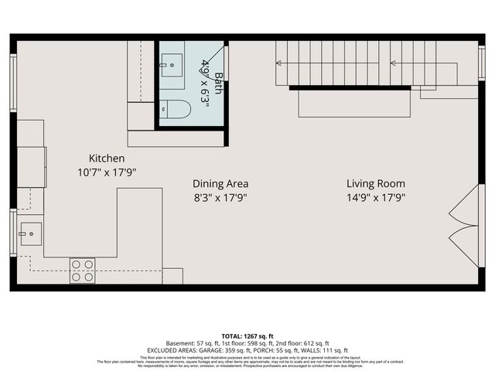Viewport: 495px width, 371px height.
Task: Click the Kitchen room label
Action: pyautogui.click(x=107, y=158)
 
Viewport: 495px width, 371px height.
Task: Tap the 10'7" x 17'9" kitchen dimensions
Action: pyautogui.click(x=107, y=172)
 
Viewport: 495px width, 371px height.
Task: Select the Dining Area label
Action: pyautogui.click(x=220, y=184)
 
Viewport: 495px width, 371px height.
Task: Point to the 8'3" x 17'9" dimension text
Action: pyautogui.click(x=220, y=198)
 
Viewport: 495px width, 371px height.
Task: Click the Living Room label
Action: pyautogui.click(x=375, y=184)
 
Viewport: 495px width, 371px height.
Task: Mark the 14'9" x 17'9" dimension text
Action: pyautogui.click(x=375, y=198)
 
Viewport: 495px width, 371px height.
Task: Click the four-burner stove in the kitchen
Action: pyautogui.click(x=83, y=270)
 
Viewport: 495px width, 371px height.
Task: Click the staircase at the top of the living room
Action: pyautogui.click(x=356, y=63)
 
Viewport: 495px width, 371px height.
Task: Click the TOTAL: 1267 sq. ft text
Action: pyautogui.click(x=247, y=336)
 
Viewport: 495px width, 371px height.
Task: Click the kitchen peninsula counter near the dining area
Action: pyautogui.click(x=140, y=224)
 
